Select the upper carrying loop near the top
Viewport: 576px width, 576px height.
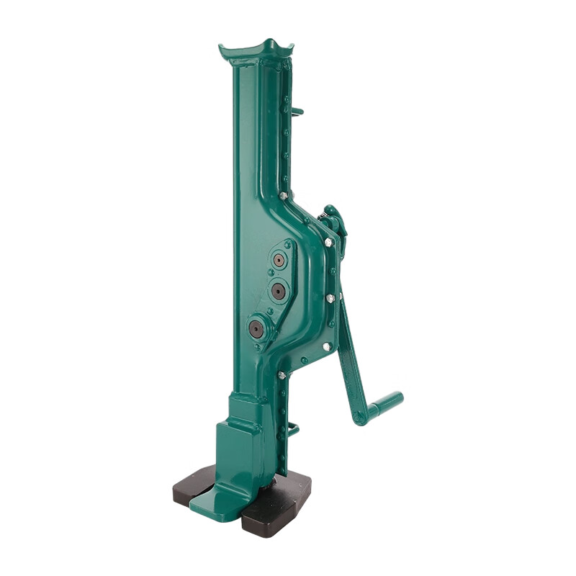(298, 112)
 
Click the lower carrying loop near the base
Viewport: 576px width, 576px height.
(293, 431)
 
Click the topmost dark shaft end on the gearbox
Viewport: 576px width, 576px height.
(279, 259)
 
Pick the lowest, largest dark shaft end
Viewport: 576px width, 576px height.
(256, 329)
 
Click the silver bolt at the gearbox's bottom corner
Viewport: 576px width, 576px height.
(281, 375)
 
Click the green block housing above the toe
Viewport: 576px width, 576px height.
(238, 446)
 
